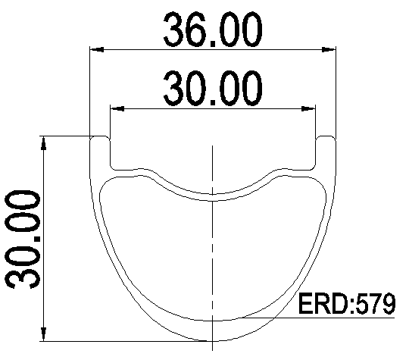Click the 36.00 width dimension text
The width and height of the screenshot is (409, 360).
[213, 30]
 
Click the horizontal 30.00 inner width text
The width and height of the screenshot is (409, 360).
[213, 88]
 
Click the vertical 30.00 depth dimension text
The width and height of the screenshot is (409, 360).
[23, 239]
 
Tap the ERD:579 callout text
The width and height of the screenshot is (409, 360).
[347, 304]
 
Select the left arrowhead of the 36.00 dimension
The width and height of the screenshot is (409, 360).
[96, 49]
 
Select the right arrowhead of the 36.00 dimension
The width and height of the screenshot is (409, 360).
[329, 49]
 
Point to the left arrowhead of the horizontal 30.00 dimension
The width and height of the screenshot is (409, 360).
[117, 108]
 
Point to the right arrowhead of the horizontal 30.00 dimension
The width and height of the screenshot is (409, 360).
[308, 108]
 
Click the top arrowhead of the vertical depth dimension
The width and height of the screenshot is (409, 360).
[44, 143]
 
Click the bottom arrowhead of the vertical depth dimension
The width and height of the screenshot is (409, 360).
[44, 334]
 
